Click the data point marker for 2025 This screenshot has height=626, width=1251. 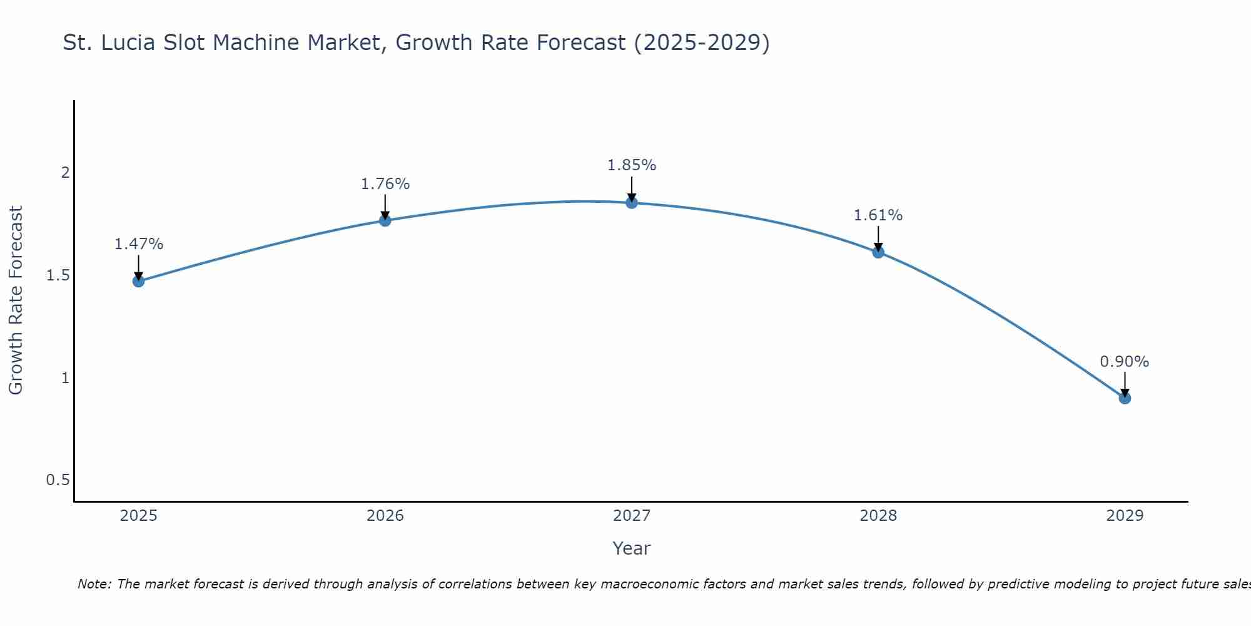click(x=138, y=281)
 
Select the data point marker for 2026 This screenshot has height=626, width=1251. click(x=385, y=220)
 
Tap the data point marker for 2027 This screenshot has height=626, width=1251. click(x=632, y=202)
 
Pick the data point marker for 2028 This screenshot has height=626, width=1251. click(x=878, y=252)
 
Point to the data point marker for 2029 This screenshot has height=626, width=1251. click(x=1125, y=398)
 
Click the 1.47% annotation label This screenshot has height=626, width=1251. click(x=138, y=244)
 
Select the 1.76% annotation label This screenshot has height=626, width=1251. click(x=385, y=184)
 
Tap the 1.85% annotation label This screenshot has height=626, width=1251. click(x=632, y=165)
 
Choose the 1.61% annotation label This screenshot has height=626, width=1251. click(x=878, y=215)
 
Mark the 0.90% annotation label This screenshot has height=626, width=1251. click(x=1125, y=362)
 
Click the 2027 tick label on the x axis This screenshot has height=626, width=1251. click(x=632, y=516)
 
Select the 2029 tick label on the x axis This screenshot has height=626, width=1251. click(x=1125, y=516)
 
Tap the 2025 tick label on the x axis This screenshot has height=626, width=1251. click(x=138, y=516)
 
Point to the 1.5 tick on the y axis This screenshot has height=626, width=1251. click(x=58, y=275)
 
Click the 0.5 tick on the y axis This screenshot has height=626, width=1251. click(x=58, y=480)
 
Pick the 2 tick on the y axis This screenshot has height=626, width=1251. click(x=65, y=173)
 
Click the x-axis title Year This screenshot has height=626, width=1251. click(x=632, y=548)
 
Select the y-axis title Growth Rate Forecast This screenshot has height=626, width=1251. click(x=16, y=300)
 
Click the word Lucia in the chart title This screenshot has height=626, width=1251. click(x=128, y=43)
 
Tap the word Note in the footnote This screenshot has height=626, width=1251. click(x=94, y=584)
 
